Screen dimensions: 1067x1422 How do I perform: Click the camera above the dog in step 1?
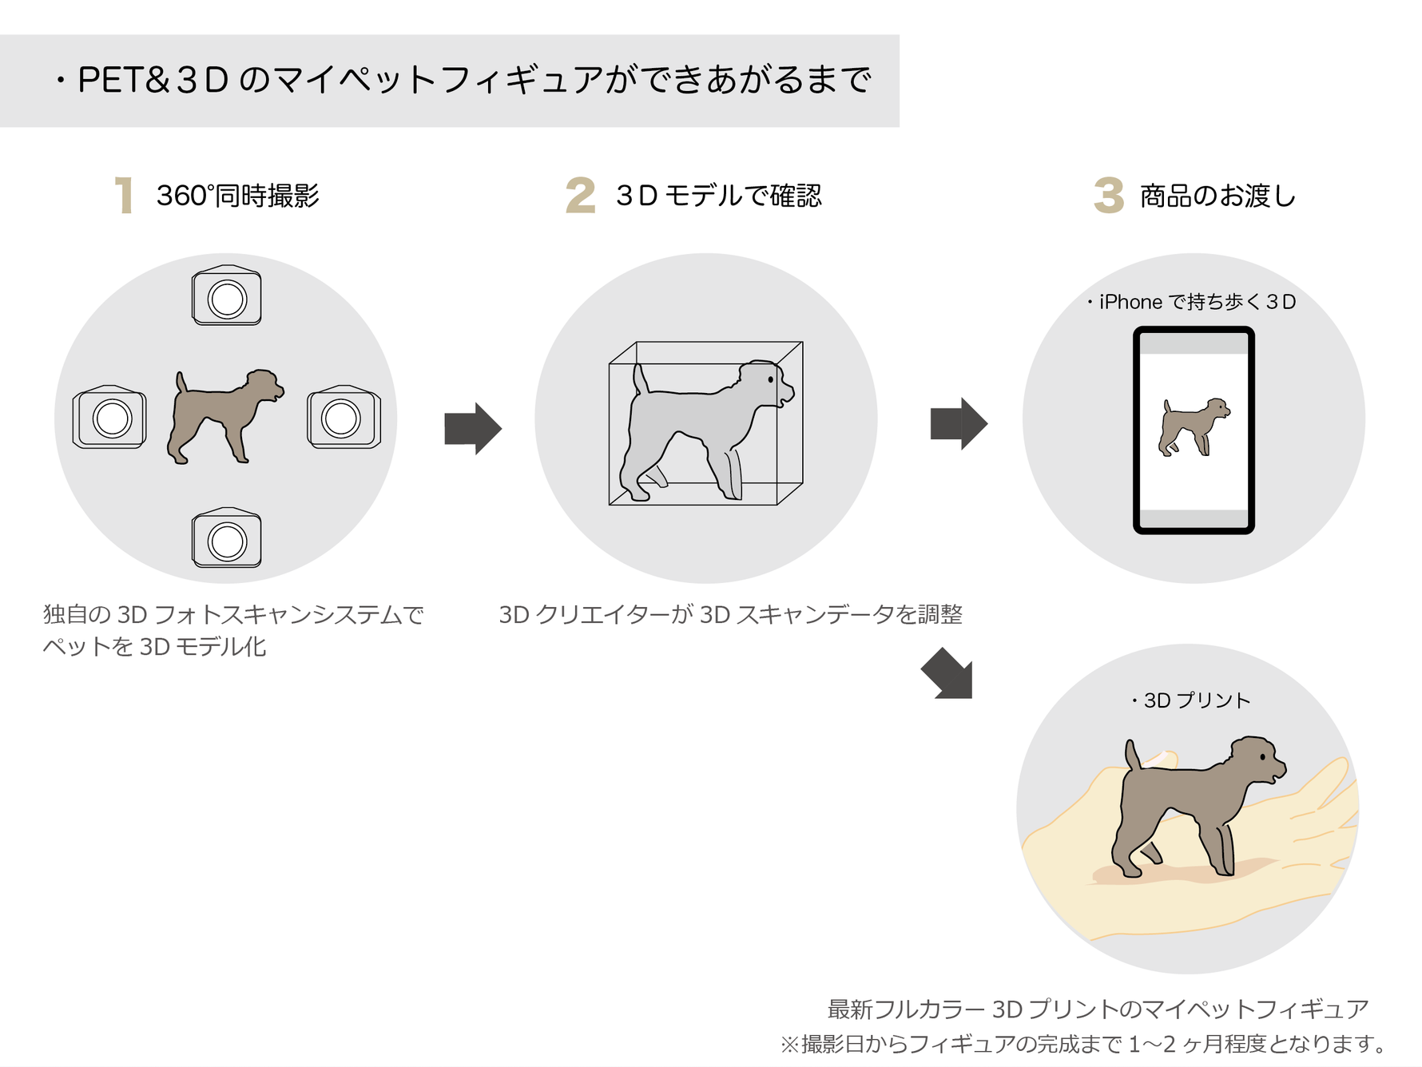point(227,296)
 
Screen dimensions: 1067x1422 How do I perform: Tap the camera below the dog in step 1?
point(227,538)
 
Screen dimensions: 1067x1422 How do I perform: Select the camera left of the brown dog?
point(110,417)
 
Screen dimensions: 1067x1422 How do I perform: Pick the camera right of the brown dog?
point(344,417)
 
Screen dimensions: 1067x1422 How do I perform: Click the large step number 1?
point(124,196)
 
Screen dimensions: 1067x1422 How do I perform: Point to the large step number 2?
point(581,196)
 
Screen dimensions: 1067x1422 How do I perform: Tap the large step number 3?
point(1109,196)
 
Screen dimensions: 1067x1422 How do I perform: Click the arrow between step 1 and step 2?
point(473,428)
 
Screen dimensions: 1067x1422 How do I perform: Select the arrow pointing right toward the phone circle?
point(959,423)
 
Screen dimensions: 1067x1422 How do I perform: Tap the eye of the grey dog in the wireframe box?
point(770,379)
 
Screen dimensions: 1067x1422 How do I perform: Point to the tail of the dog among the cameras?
point(181,382)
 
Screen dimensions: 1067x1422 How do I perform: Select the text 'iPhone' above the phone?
point(1130,302)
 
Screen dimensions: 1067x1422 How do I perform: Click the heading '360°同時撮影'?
point(238,196)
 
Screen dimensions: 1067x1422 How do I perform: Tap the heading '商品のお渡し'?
point(1217,196)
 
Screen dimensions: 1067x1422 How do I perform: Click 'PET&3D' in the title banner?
point(153,80)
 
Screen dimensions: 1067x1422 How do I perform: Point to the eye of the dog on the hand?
point(1262,756)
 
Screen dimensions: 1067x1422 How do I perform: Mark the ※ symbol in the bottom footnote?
point(789,1044)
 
